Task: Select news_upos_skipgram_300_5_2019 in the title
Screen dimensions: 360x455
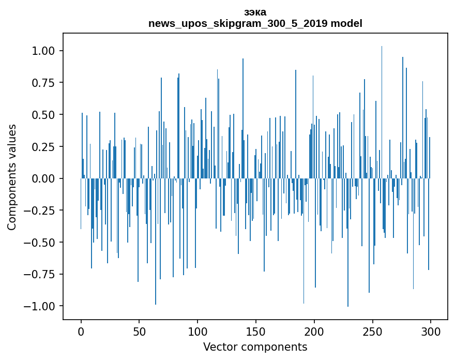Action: [238, 23]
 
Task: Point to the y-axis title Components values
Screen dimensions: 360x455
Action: [12, 177]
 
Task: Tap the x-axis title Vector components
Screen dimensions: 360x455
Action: [255, 347]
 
